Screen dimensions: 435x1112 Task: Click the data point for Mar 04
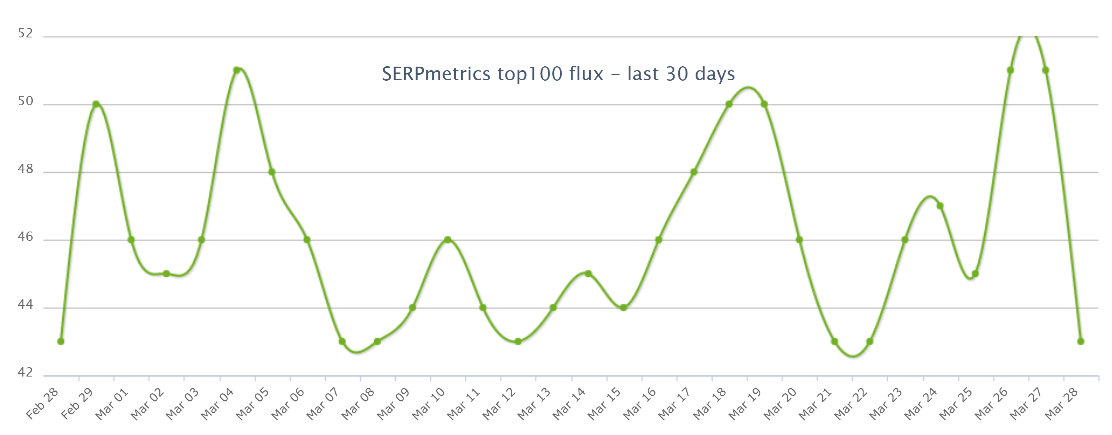pyautogui.click(x=236, y=70)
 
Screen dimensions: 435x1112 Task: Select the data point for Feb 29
pyautogui.click(x=96, y=104)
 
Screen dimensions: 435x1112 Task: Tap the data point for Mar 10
pyautogui.click(x=448, y=240)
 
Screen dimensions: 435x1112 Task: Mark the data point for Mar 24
pyautogui.click(x=940, y=206)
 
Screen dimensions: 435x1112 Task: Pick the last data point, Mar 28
pyautogui.click(x=1080, y=341)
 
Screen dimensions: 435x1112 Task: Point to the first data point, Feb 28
pyautogui.click(x=61, y=341)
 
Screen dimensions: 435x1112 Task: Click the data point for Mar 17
pyautogui.click(x=694, y=172)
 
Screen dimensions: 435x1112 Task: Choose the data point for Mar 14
pyautogui.click(x=589, y=274)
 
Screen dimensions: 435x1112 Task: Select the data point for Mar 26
pyautogui.click(x=1010, y=70)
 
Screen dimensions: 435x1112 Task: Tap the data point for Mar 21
pyautogui.click(x=834, y=341)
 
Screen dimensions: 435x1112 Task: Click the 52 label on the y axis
pyautogui.click(x=25, y=34)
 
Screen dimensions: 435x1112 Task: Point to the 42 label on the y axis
pyautogui.click(x=25, y=372)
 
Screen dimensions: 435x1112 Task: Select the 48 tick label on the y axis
pyautogui.click(x=25, y=169)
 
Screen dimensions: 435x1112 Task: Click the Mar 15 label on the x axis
pyautogui.click(x=604, y=404)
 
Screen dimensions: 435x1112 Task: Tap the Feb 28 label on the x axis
pyautogui.click(x=42, y=404)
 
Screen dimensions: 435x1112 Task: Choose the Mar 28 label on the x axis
pyautogui.click(x=1061, y=404)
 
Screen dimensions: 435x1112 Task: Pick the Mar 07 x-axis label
pyautogui.click(x=323, y=404)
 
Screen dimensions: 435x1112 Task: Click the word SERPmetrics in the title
pyautogui.click(x=436, y=74)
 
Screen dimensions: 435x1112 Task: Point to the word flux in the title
pyautogui.click(x=586, y=74)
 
